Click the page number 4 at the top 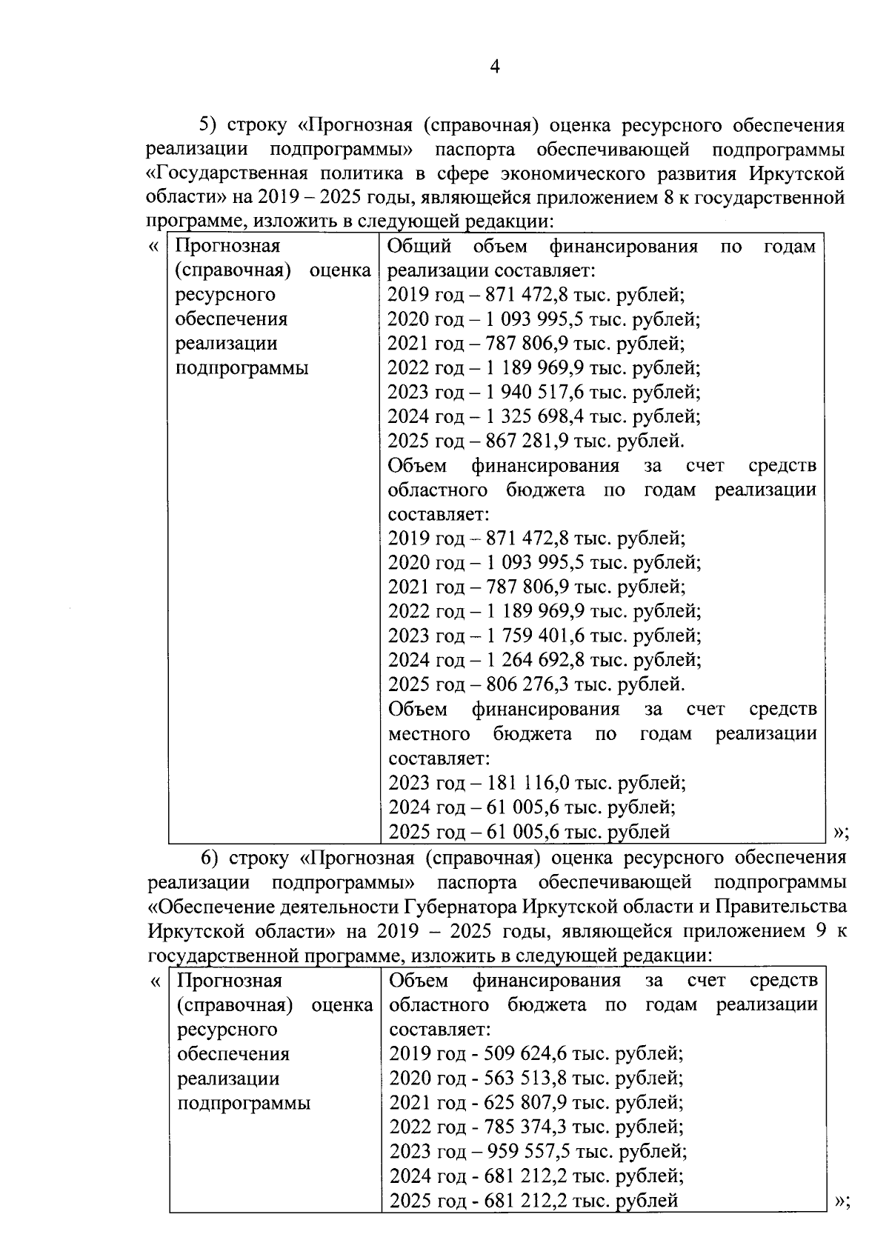pos(495,67)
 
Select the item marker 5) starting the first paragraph pos(210,125)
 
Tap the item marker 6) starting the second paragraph pos(210,858)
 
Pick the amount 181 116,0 pos(531,782)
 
